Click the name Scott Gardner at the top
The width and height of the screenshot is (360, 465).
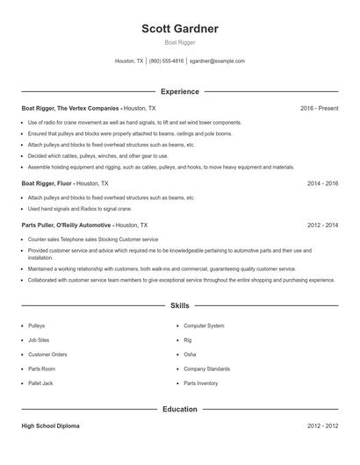(180, 28)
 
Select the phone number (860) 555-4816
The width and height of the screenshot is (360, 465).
(166, 61)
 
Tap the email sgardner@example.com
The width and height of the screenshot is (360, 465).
(217, 61)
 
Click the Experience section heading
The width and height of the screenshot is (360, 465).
(180, 91)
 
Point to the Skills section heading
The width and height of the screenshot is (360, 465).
(180, 306)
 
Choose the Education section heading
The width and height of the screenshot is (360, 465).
(180, 409)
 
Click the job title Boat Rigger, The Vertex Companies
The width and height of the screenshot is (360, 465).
(70, 108)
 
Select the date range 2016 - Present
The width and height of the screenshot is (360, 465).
(319, 108)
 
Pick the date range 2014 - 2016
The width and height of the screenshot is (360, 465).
(322, 184)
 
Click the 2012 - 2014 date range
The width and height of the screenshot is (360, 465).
(322, 225)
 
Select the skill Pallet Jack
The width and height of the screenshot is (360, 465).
(42, 383)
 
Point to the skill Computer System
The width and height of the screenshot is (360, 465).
(204, 325)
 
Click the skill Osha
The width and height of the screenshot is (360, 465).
(190, 354)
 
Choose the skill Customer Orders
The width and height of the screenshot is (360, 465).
(47, 354)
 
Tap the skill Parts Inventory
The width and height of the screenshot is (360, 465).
(201, 383)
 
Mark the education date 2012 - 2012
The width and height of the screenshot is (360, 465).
(322, 426)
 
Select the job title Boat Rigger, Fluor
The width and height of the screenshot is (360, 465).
(47, 184)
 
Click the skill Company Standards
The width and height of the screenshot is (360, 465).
(206, 369)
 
